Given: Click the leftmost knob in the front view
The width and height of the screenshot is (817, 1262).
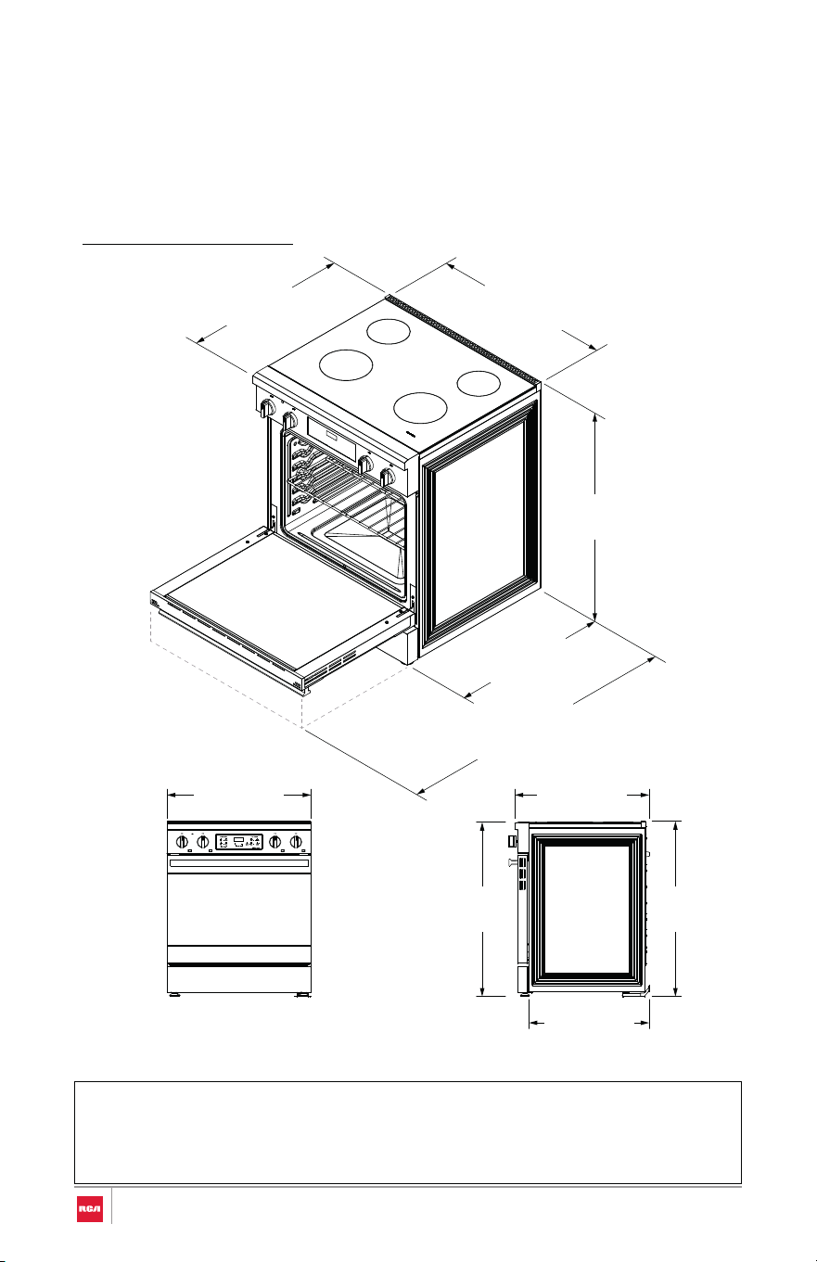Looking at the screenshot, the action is (x=182, y=842).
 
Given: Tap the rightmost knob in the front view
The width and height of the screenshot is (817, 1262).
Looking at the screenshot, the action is (x=296, y=842).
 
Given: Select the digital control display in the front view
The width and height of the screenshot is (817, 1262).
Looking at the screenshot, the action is (x=239, y=842).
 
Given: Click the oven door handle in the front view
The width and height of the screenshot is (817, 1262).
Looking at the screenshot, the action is (x=239, y=863).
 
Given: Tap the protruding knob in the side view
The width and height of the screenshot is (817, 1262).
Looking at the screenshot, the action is (x=513, y=841).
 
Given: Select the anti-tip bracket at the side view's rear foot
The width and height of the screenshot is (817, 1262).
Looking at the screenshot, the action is (x=637, y=994).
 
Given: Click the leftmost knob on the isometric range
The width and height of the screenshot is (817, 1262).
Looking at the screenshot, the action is (x=266, y=407).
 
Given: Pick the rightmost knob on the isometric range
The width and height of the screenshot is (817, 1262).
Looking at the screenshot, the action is (x=387, y=478).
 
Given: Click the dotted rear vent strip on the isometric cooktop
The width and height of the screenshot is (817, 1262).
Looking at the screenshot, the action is (x=462, y=339).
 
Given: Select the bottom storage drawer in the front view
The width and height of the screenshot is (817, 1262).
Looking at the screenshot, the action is (x=239, y=979).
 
